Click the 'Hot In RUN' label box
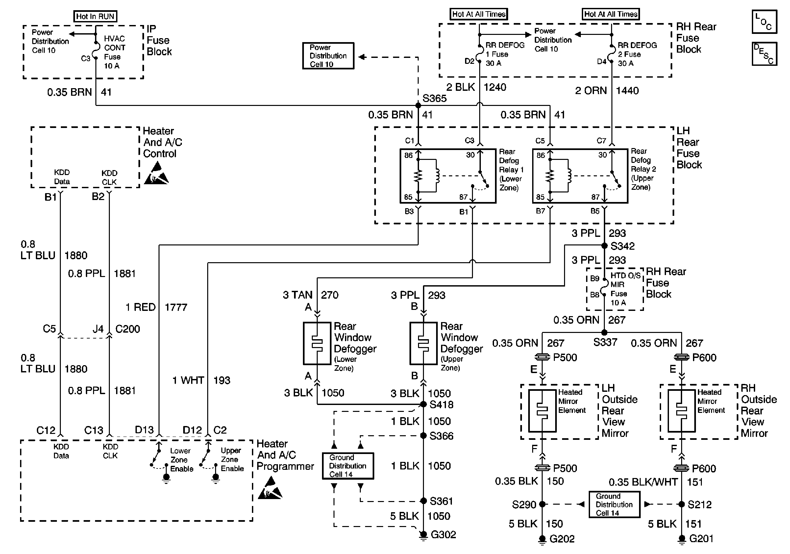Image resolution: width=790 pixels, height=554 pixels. coord(95,16)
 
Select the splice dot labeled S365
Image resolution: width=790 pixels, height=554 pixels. coord(418,105)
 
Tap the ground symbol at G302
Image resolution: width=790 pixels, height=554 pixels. coord(423,536)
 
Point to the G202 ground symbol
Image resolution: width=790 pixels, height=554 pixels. coord(542,540)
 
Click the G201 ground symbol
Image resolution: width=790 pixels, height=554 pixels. coord(681,540)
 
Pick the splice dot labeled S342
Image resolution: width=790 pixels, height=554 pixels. coord(604,246)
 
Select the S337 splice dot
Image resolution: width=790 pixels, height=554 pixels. coord(604,332)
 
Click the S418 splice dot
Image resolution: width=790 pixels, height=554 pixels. coord(424,404)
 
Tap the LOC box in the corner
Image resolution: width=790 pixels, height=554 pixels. coord(764,22)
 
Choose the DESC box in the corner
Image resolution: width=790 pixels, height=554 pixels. coord(764,54)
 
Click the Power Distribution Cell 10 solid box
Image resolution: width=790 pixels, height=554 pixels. coord(328,56)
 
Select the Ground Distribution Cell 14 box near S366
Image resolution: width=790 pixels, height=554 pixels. coord(348,466)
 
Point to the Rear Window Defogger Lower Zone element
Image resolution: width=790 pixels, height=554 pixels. coord(317,343)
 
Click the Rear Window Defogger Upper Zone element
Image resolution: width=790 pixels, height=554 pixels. coord(423,343)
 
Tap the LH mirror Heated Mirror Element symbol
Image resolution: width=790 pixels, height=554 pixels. coord(542,411)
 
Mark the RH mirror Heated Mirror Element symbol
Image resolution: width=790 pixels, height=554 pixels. coord(681,411)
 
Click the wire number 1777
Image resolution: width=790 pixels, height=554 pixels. coord(176,307)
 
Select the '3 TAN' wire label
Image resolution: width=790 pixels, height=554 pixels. coord(298,295)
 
